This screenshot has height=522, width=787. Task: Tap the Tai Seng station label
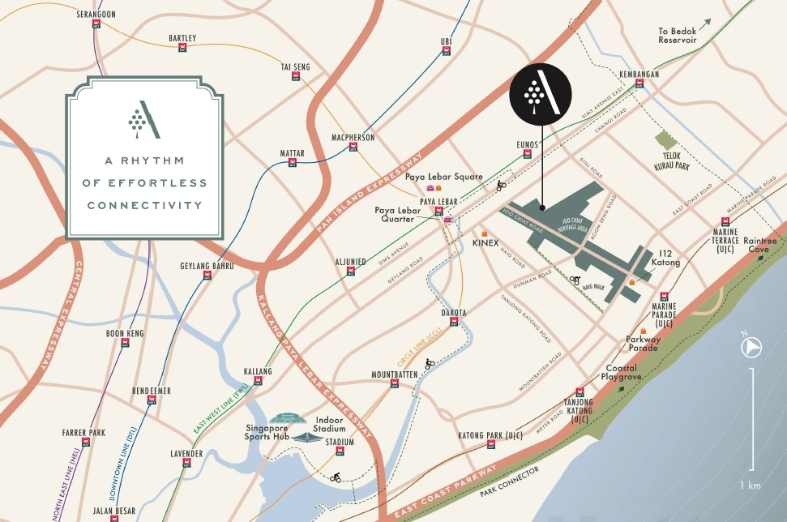[295, 66]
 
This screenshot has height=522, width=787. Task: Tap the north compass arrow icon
[751, 347]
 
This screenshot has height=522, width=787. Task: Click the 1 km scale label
[750, 486]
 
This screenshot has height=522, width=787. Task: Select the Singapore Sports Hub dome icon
[284, 419]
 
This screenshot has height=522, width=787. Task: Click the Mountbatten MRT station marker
[395, 384]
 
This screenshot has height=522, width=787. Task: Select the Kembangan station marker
[639, 85]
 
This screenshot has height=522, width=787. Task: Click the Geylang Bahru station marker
[207, 276]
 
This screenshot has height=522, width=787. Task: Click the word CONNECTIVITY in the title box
[144, 205]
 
